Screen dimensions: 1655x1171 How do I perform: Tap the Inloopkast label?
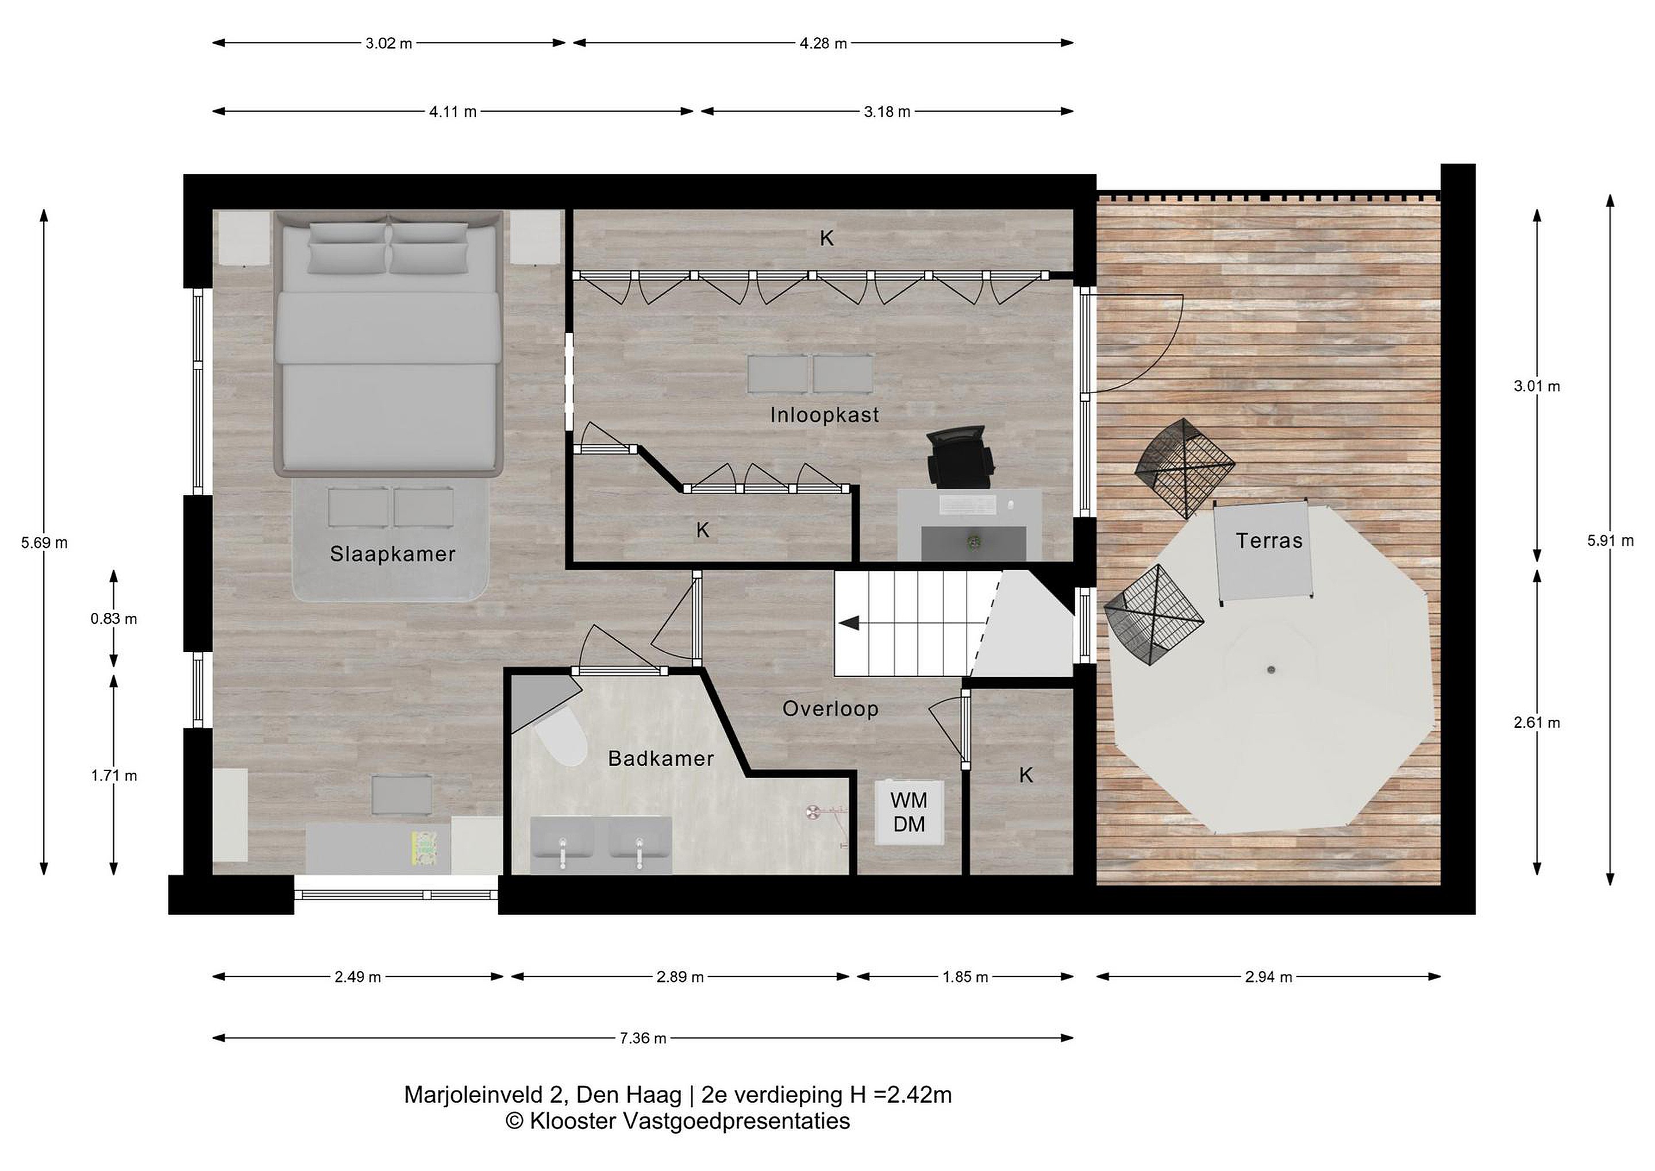(825, 414)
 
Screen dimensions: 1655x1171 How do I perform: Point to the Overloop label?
(830, 709)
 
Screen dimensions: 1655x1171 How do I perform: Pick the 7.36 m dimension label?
(643, 1038)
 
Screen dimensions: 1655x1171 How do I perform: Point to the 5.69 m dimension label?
(45, 543)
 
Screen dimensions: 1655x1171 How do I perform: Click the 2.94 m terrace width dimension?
(1269, 977)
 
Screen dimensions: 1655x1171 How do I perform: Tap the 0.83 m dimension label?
(114, 619)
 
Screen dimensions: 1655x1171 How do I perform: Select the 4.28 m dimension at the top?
(823, 43)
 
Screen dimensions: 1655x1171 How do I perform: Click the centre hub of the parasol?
(1271, 670)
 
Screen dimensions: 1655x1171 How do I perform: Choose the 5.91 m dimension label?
(1610, 541)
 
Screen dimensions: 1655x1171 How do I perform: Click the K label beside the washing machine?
(1026, 775)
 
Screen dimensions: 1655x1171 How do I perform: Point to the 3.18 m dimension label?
(887, 112)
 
